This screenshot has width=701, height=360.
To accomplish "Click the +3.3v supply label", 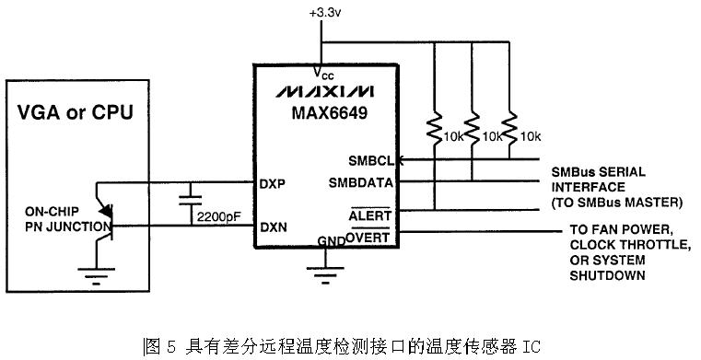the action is click(x=325, y=13).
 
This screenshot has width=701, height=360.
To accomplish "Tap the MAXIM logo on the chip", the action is click(x=324, y=91).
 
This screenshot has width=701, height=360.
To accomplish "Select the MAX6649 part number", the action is click(x=330, y=112).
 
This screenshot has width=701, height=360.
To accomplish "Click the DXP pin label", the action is click(x=273, y=184).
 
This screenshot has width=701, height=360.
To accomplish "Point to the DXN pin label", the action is click(x=274, y=227).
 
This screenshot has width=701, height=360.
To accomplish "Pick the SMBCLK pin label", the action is click(x=375, y=160).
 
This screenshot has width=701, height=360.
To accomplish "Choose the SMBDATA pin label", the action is click(x=361, y=182).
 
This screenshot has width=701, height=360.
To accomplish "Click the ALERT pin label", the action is click(x=369, y=215).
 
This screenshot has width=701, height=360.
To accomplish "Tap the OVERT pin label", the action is click(x=368, y=237).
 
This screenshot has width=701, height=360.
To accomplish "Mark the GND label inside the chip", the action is click(x=331, y=241).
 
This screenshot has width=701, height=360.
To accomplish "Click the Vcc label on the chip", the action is click(x=322, y=74).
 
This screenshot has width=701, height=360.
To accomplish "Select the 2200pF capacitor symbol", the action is click(x=190, y=200).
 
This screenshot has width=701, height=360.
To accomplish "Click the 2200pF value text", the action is click(x=218, y=217).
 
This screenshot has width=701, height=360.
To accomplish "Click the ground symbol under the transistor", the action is click(x=96, y=275).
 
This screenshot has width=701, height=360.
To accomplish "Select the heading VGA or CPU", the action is click(x=76, y=111).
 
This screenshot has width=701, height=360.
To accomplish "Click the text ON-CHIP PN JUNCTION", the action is click(x=67, y=219).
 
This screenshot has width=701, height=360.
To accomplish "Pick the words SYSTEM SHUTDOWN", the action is click(x=608, y=268).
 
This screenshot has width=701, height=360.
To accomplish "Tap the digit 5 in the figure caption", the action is click(x=170, y=346).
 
